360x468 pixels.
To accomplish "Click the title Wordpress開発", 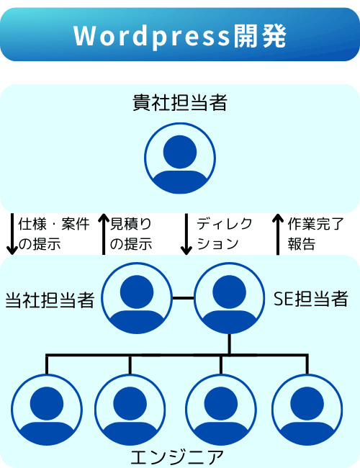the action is click(180, 36).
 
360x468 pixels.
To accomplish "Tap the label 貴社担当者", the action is click(180, 102).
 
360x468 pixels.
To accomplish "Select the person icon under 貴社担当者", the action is click(180, 158).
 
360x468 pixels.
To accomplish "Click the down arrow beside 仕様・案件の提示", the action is click(12, 234).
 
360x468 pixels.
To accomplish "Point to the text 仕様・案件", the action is click(54, 224).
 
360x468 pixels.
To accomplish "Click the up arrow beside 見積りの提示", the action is click(104, 234).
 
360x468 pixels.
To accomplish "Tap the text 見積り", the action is click(131, 224).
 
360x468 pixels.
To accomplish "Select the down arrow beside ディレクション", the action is click(186, 234).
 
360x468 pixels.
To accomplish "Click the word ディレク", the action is click(225, 224).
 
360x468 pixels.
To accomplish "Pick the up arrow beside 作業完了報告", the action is click(278, 234).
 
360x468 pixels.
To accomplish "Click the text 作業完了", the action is click(316, 224).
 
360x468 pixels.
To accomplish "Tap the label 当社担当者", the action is click(50, 300).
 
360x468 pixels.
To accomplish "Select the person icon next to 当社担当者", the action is click(137, 298).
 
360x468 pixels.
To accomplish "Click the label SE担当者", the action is click(311, 299).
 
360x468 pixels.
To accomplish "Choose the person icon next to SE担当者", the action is click(229, 298).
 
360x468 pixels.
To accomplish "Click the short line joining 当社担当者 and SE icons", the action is click(183, 298).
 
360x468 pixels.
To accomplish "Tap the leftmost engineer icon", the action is click(47, 410).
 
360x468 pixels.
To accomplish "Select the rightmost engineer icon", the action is click(307, 410).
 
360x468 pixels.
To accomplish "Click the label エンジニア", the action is click(177, 457).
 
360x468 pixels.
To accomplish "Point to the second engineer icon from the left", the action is click(130, 410).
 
